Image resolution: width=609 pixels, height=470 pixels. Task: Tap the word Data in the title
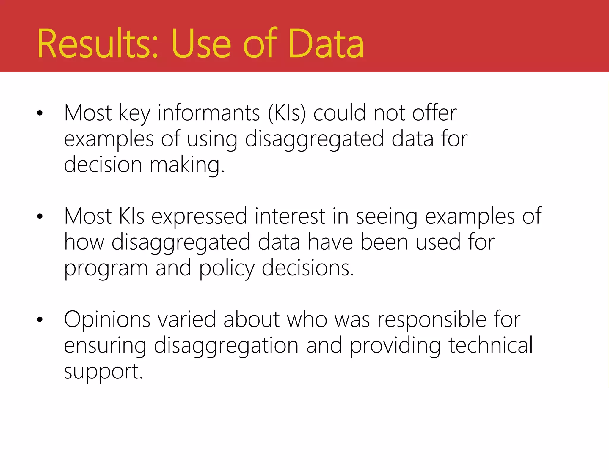click(326, 44)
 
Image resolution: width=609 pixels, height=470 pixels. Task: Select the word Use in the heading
click(201, 44)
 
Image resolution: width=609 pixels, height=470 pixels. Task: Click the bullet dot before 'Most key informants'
click(40, 113)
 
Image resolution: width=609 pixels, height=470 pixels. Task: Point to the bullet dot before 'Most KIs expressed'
click(40, 216)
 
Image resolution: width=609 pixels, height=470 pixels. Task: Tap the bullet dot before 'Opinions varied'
click(40, 320)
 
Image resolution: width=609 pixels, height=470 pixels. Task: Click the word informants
click(209, 113)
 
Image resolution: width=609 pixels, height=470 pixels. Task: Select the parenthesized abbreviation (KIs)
click(287, 113)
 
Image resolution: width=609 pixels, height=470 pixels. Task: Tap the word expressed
click(199, 217)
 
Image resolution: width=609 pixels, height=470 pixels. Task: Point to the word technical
click(491, 345)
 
